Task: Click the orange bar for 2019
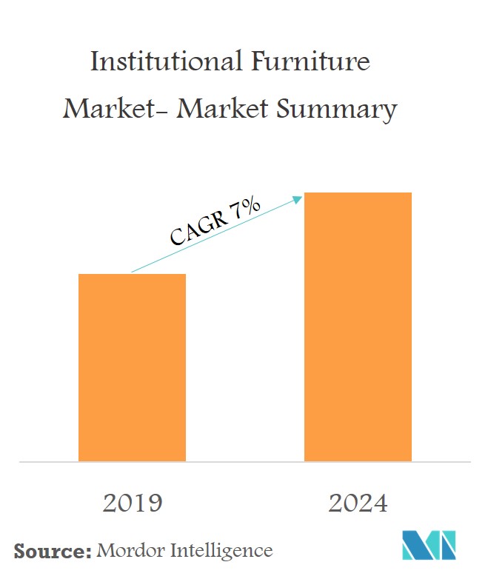132,367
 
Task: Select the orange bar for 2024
358,327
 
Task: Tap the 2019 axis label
132,503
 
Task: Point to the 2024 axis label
358,503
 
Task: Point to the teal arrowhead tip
302,197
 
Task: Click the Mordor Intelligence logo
429,546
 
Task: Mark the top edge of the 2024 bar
358,193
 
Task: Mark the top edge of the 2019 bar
132,275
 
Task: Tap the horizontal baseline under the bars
244,462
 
